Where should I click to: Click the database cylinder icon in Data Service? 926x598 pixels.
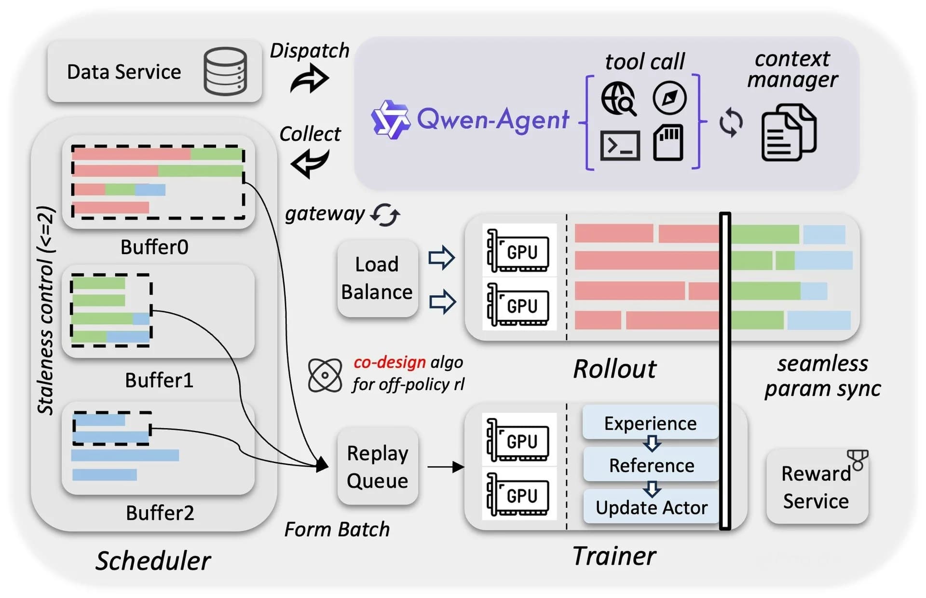(225, 71)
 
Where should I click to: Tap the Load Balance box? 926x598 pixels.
(377, 278)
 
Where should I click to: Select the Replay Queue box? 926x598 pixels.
(377, 466)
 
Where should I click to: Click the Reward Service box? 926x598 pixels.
(816, 487)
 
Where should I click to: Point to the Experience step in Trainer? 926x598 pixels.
(650, 422)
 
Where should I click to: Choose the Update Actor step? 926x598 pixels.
(651, 507)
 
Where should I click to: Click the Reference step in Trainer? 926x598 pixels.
(651, 465)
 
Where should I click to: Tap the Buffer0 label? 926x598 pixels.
(154, 247)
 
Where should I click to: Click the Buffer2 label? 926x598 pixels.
(160, 513)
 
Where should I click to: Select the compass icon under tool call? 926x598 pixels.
(669, 98)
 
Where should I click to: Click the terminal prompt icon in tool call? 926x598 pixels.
(620, 145)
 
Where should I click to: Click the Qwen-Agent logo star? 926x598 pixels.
(390, 119)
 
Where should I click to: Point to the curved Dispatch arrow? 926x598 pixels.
(310, 80)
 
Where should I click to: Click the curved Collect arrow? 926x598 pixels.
(310, 163)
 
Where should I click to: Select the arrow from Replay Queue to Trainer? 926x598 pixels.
(445, 467)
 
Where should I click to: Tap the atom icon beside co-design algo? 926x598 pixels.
(325, 375)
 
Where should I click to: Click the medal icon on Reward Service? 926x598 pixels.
(858, 460)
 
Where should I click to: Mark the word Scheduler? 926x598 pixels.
(153, 560)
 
